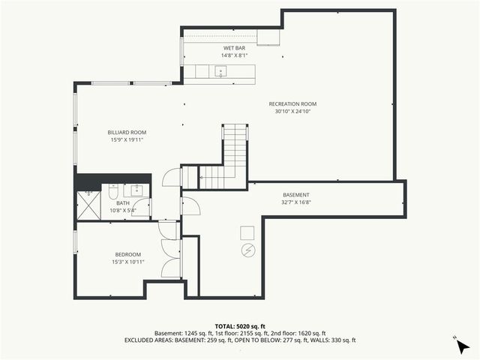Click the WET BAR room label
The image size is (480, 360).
coord(229,48)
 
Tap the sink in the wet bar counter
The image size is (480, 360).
coord(220,72)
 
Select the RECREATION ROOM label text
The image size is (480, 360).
coord(292,103)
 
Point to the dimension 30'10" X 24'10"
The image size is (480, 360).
coord(292,111)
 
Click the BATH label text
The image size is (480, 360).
coord(122,203)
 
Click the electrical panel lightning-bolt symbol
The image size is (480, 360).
coord(247,250)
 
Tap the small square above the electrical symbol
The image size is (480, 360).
coord(247,232)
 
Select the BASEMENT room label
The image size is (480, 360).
coord(296,195)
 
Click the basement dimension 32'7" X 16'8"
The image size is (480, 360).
coord(296,202)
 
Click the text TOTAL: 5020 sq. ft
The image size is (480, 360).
coord(240,326)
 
